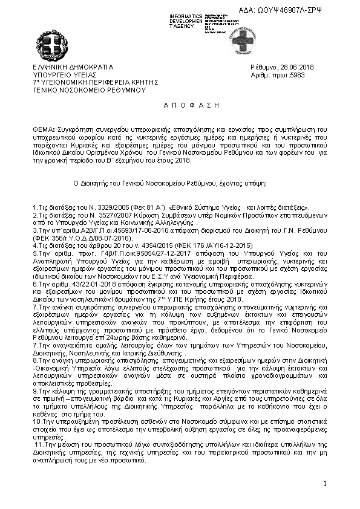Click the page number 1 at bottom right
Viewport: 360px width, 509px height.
[324, 483]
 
